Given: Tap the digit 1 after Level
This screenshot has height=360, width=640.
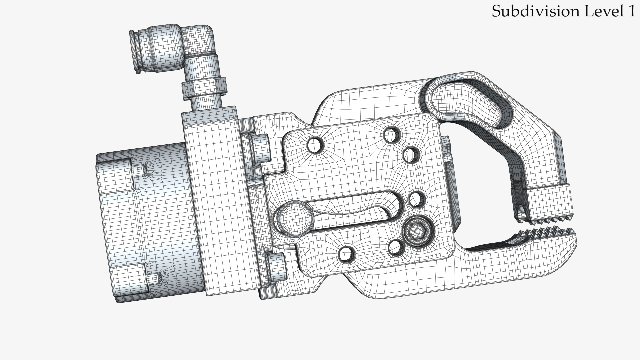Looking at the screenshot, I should (631, 11).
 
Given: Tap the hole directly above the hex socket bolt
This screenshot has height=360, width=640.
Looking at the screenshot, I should (416, 199).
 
